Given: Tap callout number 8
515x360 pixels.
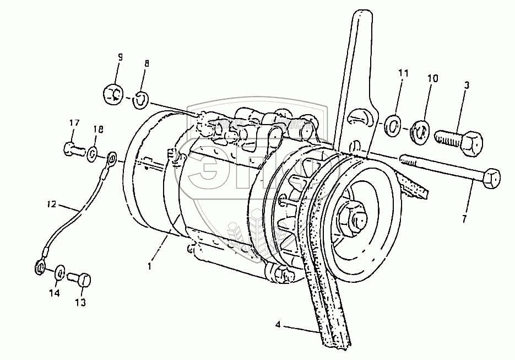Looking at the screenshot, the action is point(146,63).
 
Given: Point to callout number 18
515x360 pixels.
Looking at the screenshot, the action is point(97,130).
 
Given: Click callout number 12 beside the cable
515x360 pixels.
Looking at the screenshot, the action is point(51,205).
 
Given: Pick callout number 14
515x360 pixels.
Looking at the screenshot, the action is point(54,294).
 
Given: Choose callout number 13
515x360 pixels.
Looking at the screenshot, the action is point(81,303).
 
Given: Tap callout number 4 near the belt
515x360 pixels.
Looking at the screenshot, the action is point(279,325).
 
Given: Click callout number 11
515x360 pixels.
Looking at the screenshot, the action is point(404,73).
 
